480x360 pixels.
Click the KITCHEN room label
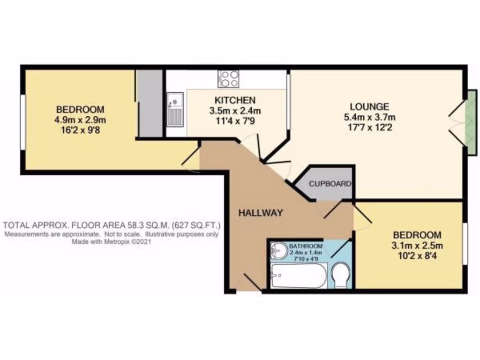(235, 100)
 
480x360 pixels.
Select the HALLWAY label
(261, 213)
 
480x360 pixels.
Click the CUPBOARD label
(330, 184)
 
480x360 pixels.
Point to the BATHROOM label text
(306, 246)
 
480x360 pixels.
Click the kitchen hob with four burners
(228, 78)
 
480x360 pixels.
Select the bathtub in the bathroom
(299, 276)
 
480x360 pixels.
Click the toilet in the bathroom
(340, 275)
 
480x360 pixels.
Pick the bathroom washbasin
(280, 250)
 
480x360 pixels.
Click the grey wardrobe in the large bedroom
(149, 104)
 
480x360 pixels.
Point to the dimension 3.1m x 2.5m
(417, 245)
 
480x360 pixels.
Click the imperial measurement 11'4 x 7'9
(235, 120)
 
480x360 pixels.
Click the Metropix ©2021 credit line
(112, 243)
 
